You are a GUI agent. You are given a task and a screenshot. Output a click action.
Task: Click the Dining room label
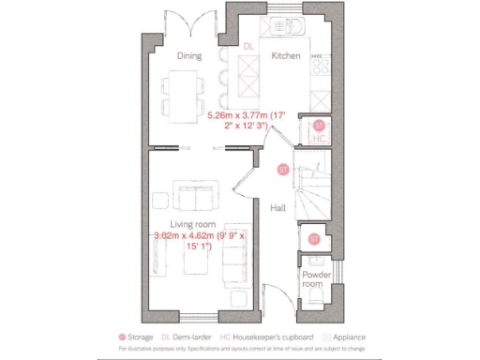(x=190, y=55)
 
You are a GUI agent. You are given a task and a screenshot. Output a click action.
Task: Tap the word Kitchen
(x=285, y=56)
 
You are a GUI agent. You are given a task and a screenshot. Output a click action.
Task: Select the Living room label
(x=192, y=223)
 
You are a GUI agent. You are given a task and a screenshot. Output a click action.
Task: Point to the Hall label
(x=277, y=207)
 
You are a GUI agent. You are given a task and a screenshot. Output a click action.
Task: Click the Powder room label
(x=311, y=278)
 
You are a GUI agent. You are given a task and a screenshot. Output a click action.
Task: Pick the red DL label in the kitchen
(x=247, y=46)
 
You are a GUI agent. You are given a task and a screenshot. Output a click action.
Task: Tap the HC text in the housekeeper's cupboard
(x=319, y=139)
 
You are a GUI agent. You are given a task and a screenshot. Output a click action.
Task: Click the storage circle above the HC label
(x=319, y=125)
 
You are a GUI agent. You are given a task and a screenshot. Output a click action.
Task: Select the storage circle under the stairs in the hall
(x=282, y=170)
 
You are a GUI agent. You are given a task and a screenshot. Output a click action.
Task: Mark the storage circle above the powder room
(x=314, y=239)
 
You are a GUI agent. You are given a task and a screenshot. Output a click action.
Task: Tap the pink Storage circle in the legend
(x=121, y=337)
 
